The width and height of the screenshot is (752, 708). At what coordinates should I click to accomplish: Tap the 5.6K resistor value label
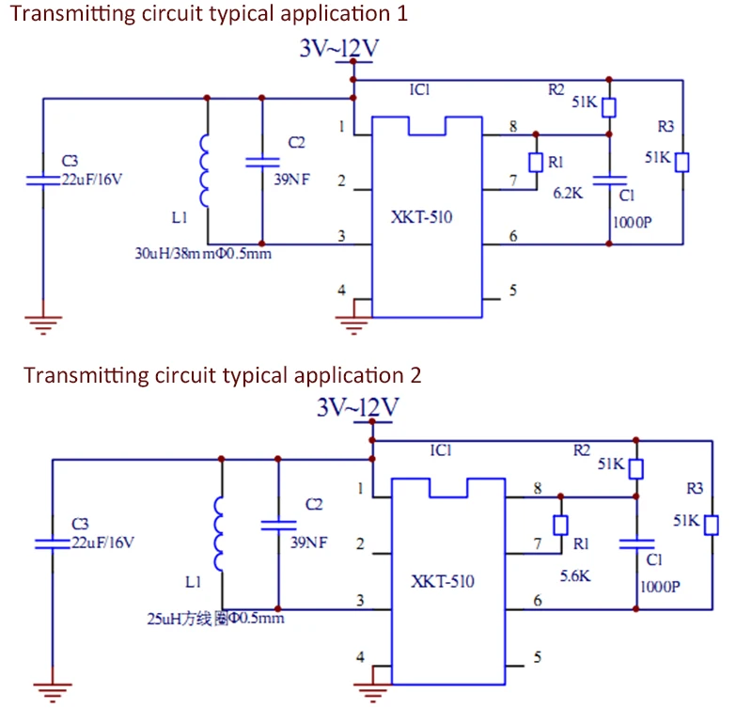tap(574, 575)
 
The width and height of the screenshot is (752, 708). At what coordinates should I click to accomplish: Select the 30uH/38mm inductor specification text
tap(203, 253)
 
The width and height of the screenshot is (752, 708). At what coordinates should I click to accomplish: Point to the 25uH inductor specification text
tap(215, 618)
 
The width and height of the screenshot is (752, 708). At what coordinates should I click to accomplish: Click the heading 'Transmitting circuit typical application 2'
tap(223, 375)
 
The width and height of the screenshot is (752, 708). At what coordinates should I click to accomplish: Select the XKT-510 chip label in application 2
tap(443, 581)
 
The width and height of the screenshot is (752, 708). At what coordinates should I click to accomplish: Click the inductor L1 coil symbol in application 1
tap(204, 170)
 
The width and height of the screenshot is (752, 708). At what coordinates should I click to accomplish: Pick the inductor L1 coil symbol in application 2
tap(220, 533)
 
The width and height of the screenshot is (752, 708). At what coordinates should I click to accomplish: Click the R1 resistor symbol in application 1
tap(536, 163)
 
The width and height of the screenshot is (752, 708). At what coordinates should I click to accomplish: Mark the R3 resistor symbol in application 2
tap(712, 524)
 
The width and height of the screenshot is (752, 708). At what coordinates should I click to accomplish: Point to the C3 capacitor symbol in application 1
tap(43, 179)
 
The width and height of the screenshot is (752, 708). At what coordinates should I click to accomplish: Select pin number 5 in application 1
tap(512, 291)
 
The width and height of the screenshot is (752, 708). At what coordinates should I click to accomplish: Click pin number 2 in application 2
tap(360, 543)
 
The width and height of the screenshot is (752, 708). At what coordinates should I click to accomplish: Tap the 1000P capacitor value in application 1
tap(632, 224)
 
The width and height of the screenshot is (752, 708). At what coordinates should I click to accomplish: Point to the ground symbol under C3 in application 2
tap(52, 691)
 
